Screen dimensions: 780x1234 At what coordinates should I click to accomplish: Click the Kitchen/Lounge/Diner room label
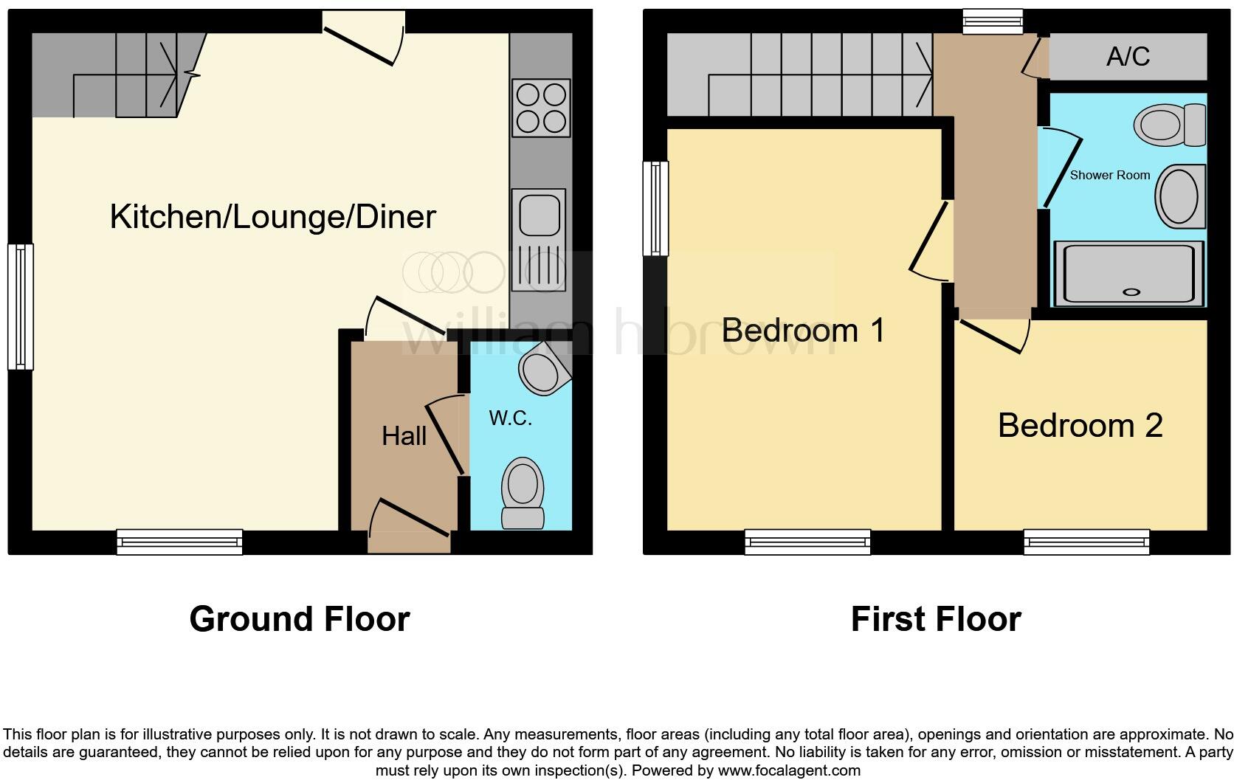pos(272,217)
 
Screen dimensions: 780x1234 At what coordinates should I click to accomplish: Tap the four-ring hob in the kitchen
pos(541,108)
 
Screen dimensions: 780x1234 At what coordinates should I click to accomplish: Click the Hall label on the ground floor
pos(404,436)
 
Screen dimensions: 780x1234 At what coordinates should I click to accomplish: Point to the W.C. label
pos(510,418)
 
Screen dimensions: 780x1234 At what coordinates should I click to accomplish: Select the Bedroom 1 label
pos(803,330)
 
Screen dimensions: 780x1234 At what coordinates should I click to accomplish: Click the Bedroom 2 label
pos(1080,426)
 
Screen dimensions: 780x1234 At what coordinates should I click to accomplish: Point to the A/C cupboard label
pos(1128,57)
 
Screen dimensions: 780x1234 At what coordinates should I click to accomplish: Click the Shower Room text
pos(1109,175)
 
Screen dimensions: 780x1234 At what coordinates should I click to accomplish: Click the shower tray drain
pos(1131,292)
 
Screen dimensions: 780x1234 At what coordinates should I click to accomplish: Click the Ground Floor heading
pos(299,618)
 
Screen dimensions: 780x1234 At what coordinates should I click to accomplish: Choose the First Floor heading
pos(935,618)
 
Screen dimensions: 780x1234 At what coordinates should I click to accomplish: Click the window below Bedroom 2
pos(1086,542)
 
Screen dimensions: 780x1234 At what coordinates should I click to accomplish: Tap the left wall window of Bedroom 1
pos(655,209)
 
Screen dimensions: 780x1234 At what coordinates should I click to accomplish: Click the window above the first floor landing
pos(992,23)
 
